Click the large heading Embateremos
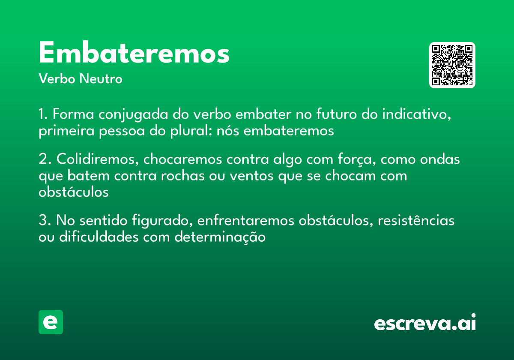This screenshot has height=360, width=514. coord(134,54)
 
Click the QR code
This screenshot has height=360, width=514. coord(452,65)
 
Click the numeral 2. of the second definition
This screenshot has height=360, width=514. coord(44,159)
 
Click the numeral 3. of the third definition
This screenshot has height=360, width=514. coord(44,221)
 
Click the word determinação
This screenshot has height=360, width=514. coord(220,237)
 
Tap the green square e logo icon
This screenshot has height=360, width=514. coord(51,322)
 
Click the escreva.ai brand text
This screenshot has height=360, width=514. coord(425,323)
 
